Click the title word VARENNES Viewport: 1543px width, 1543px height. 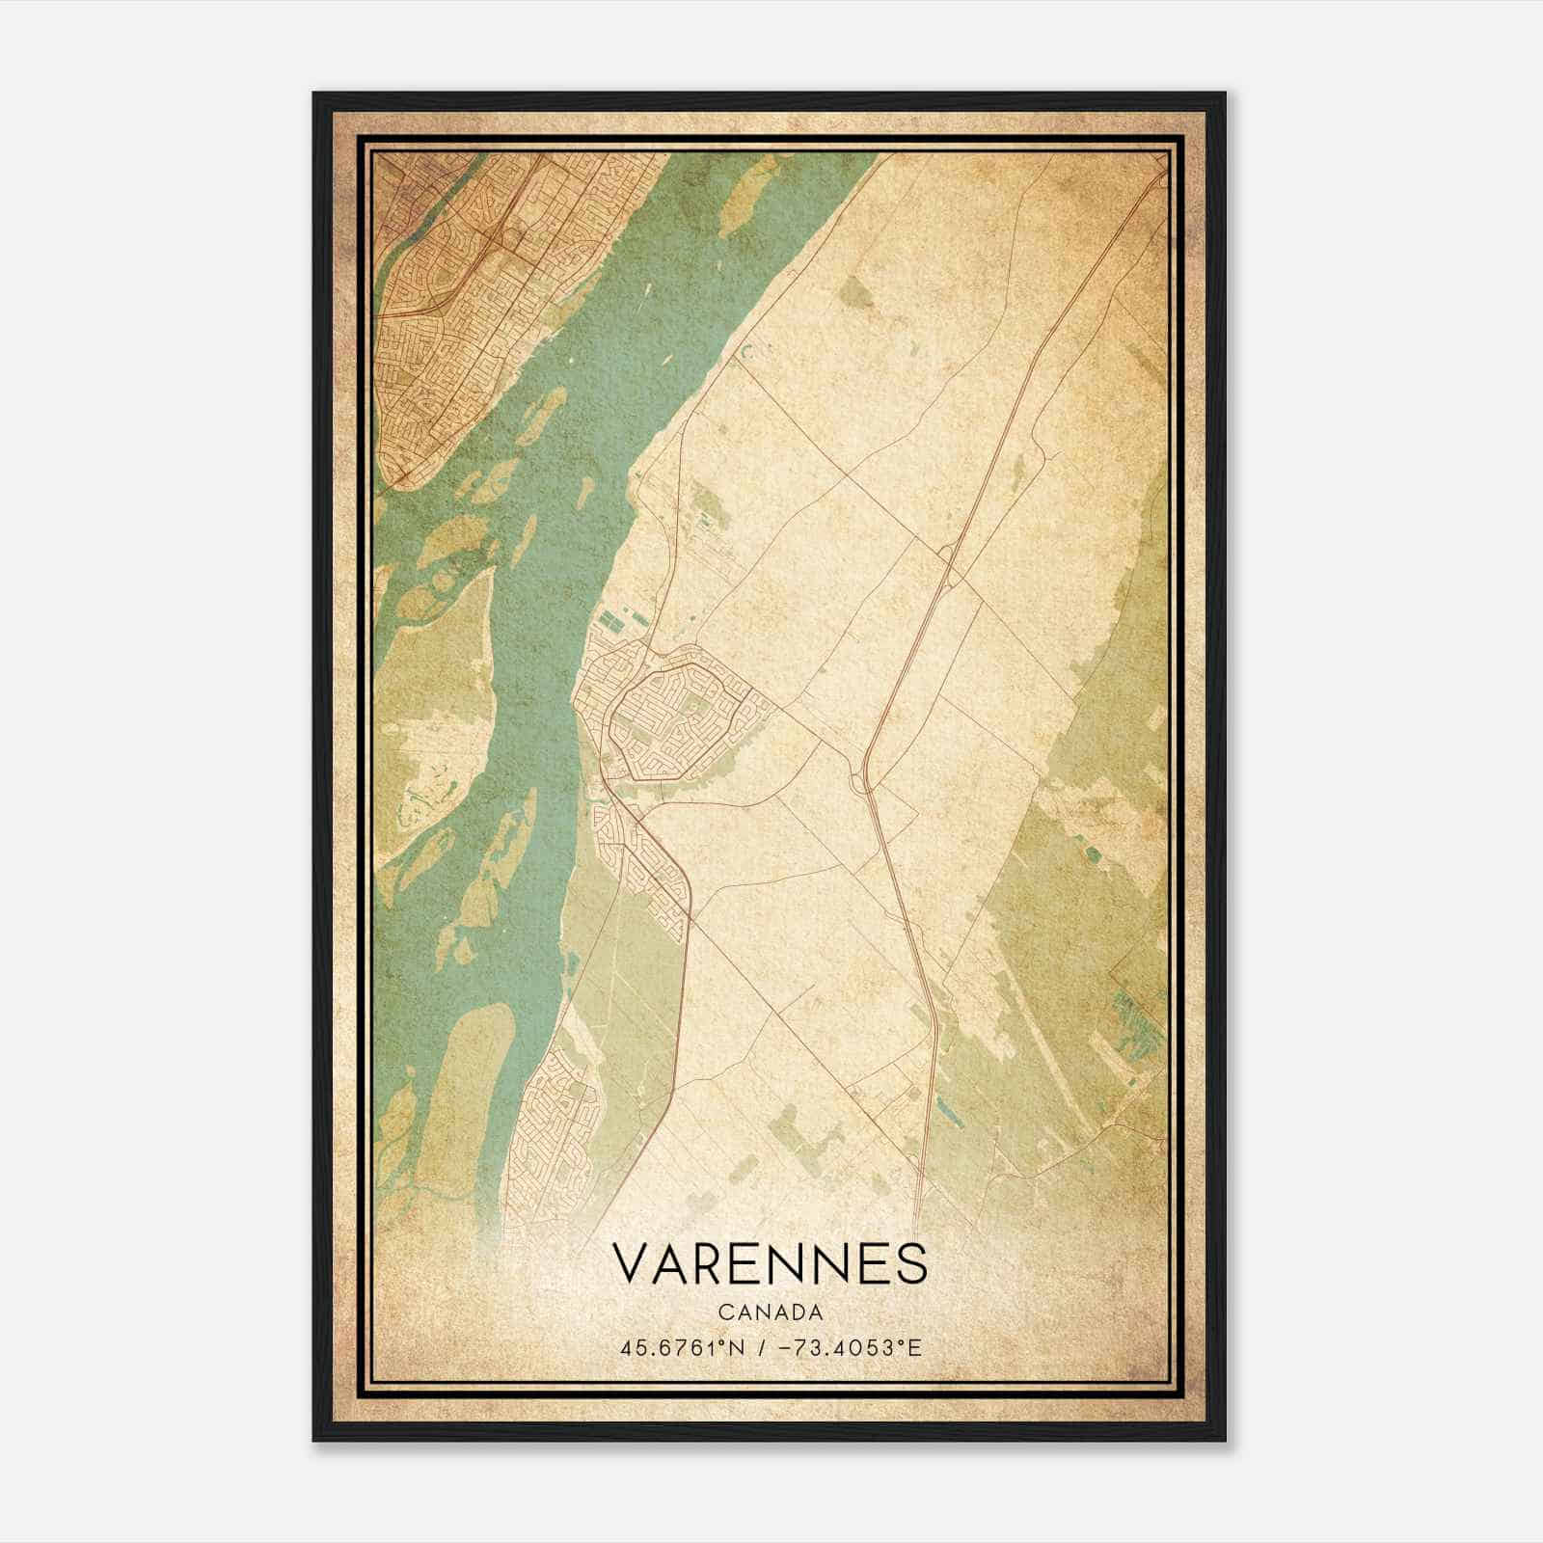click(x=770, y=1264)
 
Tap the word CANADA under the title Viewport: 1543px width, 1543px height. click(x=770, y=1313)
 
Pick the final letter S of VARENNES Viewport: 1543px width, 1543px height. click(x=910, y=1264)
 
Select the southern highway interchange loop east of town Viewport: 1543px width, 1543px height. click(x=860, y=781)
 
